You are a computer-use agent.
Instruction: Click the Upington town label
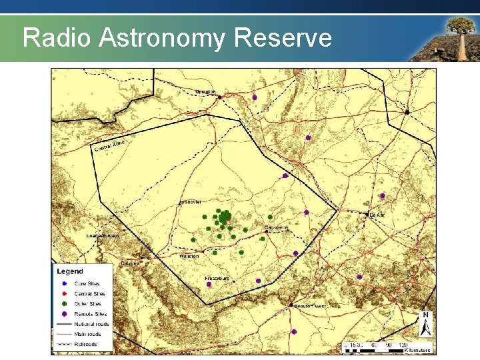click(x=205, y=91)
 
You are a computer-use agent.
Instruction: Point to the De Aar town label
click(x=378, y=215)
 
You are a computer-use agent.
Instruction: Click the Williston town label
click(x=189, y=256)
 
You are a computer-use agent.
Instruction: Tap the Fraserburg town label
click(x=217, y=277)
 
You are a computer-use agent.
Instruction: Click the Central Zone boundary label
click(x=109, y=145)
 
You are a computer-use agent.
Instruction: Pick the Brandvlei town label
click(x=191, y=202)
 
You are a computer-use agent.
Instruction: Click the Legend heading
click(x=70, y=271)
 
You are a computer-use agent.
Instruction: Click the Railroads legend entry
click(x=85, y=344)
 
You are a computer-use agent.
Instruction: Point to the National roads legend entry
click(x=92, y=324)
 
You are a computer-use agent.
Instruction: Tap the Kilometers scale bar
click(x=387, y=346)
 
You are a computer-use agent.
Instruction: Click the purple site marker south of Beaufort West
click(x=294, y=332)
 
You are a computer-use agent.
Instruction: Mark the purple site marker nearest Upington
click(x=254, y=97)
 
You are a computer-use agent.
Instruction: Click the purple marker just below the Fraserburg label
click(x=209, y=285)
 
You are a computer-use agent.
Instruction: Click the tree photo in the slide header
click(x=443, y=37)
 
